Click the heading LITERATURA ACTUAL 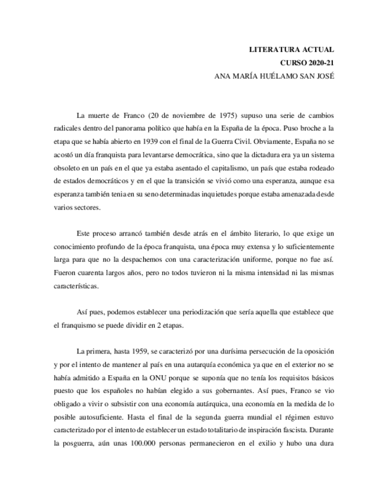tap(291, 50)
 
